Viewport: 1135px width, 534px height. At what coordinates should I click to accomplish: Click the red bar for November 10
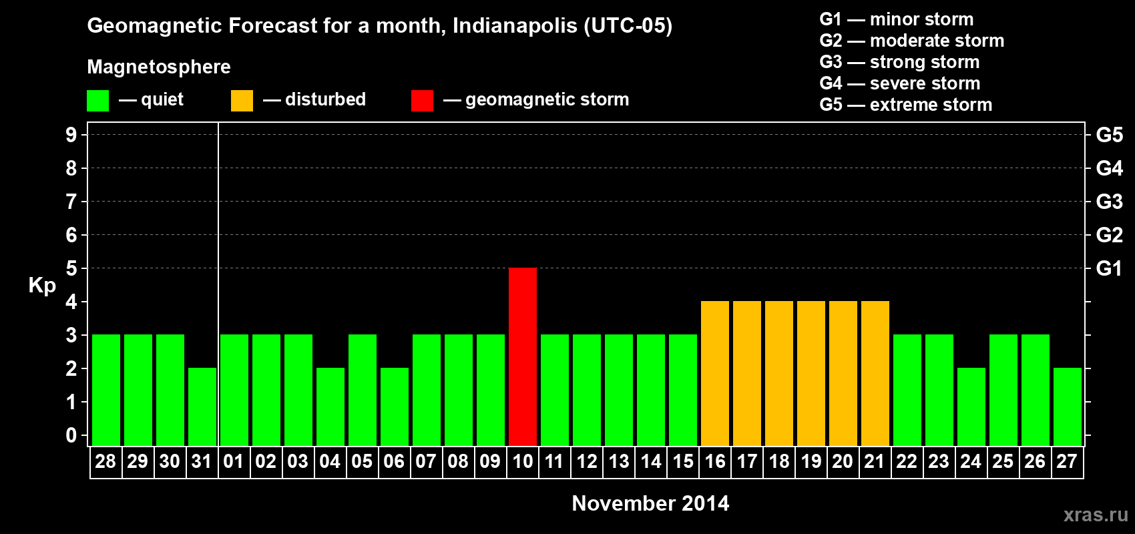coord(523,356)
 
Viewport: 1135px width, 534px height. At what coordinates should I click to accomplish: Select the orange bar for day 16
coord(715,373)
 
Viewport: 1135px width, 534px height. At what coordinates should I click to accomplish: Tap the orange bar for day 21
coord(875,373)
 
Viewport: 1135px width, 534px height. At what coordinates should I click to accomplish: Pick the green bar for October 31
coord(202,407)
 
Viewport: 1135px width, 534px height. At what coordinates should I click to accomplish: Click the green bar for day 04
coord(330,407)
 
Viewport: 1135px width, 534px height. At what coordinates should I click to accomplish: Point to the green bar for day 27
coord(1068,407)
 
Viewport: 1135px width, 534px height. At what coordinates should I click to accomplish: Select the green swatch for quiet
coord(98,101)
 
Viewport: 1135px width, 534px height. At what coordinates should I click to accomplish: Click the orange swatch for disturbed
coord(242,101)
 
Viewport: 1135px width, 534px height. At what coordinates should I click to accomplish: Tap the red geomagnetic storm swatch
coord(422,101)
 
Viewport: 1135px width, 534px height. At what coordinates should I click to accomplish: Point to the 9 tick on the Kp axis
coord(71,135)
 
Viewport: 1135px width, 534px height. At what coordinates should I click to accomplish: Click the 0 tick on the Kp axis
coord(71,435)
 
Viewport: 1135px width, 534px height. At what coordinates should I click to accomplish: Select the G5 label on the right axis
coord(1109,135)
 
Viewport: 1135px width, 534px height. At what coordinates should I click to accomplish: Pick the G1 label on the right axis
coord(1109,268)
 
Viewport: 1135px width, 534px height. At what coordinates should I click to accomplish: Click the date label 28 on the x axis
coord(105,461)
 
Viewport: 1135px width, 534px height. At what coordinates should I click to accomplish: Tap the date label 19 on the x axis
coord(811,461)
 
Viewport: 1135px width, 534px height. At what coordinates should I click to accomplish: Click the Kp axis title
coord(42,285)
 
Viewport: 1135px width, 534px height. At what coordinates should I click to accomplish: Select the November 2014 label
coord(650,503)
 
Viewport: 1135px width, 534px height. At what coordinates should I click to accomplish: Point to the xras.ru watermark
coord(1095,515)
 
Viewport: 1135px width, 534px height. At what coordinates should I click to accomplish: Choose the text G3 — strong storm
coord(899,62)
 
